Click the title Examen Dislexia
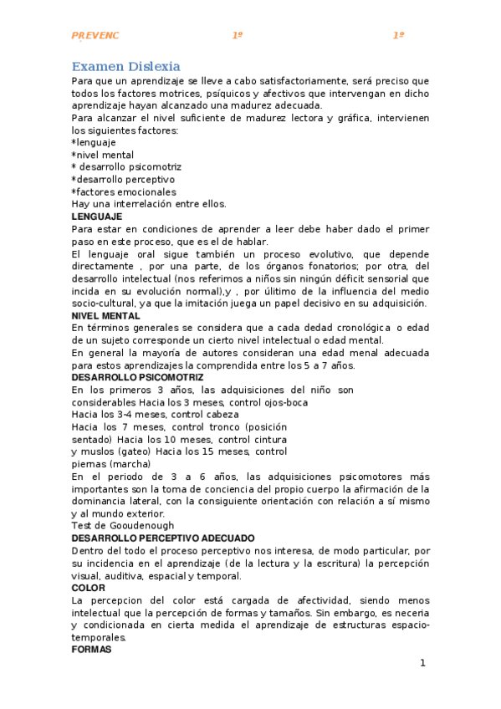(125, 66)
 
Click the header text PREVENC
(95, 35)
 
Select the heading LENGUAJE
(97, 217)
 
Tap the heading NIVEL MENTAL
(105, 315)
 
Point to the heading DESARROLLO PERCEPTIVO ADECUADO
(163, 538)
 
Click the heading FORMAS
(90, 649)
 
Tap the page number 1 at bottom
(422, 663)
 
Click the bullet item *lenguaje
(94, 143)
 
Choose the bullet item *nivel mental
(102, 155)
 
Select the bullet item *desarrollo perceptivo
(123, 179)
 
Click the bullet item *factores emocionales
(124, 191)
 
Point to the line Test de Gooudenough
(123, 525)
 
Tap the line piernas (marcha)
(110, 463)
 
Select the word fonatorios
(330, 266)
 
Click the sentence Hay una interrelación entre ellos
(149, 204)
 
